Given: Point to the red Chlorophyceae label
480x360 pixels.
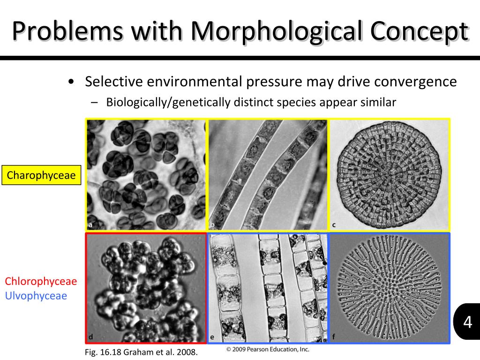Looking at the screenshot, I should pos(41,281).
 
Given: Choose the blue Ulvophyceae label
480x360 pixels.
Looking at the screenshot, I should pos(36,296).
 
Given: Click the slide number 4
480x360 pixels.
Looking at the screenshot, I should pos(467,322).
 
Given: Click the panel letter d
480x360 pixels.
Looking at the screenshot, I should pos(90,337).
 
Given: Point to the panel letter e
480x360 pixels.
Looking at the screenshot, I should pos(212,337).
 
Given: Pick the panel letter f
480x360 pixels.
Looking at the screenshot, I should pos(334,337).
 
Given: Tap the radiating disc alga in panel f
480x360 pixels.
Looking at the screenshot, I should pos(389,287).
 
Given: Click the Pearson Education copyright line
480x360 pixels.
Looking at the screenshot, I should pos(268,349).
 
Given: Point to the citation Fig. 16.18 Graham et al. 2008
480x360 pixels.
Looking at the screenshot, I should pos(141,352).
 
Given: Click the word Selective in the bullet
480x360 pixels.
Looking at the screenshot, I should pos(113,82).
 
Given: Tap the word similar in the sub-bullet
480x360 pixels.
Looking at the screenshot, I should pos(378,102).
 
